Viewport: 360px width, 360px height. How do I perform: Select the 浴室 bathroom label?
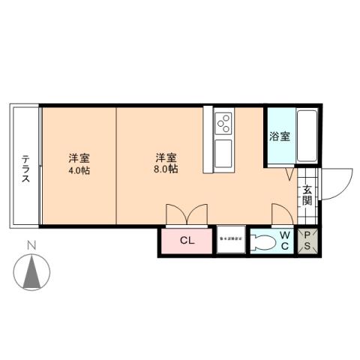[x=280, y=137]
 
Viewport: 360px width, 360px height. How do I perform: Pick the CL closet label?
[x=187, y=241]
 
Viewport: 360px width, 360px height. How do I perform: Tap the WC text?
[x=285, y=241]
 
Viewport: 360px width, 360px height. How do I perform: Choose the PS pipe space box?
[x=308, y=241]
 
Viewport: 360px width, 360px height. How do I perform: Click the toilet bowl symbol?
[x=262, y=241]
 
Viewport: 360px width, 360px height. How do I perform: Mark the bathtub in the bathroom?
[x=307, y=136]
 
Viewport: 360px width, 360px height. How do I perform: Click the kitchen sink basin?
[x=224, y=154]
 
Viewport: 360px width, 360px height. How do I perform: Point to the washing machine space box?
[x=231, y=239]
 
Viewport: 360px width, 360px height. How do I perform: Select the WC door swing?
[x=283, y=213]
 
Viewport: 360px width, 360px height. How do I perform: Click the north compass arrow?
[x=32, y=271]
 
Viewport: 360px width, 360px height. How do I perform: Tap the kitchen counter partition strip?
[x=208, y=141]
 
